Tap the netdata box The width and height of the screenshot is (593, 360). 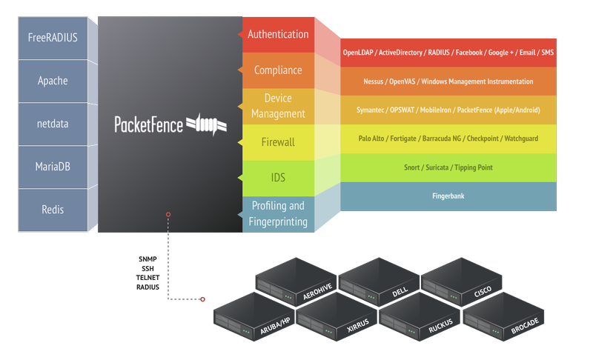(53, 124)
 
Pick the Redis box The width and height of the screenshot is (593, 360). (53, 210)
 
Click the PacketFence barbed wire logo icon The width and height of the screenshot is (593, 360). (206, 124)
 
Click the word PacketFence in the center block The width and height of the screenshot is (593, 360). (148, 124)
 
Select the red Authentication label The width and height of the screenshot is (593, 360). (278, 34)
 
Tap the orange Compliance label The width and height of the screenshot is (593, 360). (278, 70)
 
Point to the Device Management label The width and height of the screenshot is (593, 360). (278, 106)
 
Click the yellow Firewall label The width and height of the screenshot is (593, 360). (278, 141)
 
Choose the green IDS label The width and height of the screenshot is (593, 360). (278, 178)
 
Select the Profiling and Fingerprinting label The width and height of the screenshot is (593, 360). (278, 213)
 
